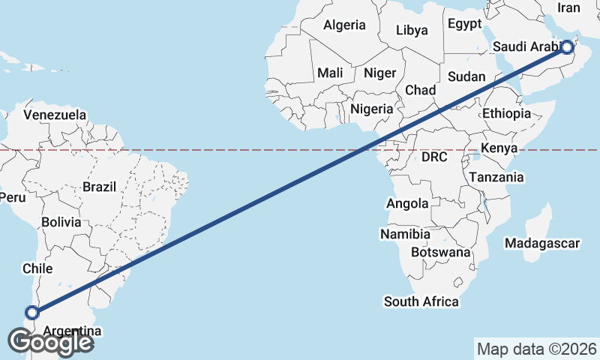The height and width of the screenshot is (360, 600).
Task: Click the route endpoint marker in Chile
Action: pos(31,313)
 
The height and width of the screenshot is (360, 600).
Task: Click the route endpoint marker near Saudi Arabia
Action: pos(567,48)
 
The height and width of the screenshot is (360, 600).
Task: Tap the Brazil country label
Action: pos(99,187)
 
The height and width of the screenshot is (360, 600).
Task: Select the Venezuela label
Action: pos(55,115)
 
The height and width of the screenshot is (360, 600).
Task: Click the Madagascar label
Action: pos(542,244)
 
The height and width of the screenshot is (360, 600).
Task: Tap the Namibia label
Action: pos(405,235)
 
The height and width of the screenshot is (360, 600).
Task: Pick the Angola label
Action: pos(407,203)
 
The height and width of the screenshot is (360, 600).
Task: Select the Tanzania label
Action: pos(496,178)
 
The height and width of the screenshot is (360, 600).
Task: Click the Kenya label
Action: pos(499,148)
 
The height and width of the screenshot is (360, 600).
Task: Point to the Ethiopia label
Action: pos(506,113)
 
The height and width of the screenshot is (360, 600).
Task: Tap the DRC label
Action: pos(433,157)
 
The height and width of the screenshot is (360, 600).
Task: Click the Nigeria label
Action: pos(371,109)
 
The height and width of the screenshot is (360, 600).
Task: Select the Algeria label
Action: pos(345,25)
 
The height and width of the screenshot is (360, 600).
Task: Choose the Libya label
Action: pos(412,31)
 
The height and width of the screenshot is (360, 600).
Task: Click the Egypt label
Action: pos(464,24)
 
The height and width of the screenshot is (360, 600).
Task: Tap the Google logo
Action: pos(50,342)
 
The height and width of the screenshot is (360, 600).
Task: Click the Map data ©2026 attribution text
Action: pos(537,349)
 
